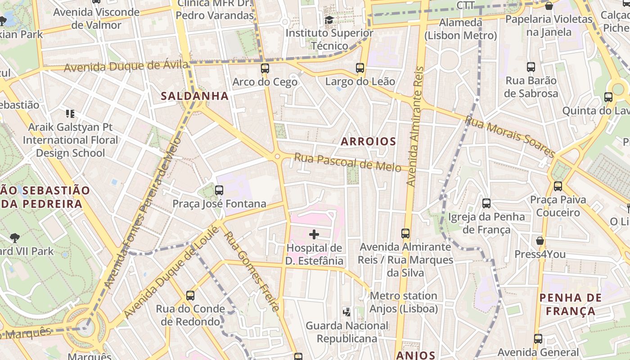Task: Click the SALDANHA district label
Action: click(195, 96)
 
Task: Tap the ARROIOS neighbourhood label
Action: click(368, 142)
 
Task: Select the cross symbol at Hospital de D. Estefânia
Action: click(314, 234)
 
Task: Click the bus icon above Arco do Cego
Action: click(265, 68)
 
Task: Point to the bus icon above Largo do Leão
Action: click(360, 68)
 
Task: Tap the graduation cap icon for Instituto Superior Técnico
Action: click(329, 20)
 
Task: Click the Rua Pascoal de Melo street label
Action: click(347, 163)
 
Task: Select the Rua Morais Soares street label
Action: click(510, 137)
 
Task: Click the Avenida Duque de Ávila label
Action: click(126, 67)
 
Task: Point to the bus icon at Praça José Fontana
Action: click(219, 190)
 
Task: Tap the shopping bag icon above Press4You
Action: click(540, 241)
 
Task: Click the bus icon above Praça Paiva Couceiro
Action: click(558, 186)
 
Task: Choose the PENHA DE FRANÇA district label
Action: click(570, 304)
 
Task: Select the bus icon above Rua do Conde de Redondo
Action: click(190, 296)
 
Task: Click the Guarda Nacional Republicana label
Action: click(346, 332)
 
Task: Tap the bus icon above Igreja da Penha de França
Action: click(486, 203)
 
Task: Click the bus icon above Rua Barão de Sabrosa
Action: click(531, 67)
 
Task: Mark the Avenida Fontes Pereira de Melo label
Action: click(142, 213)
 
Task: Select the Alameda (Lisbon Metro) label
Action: click(461, 29)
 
